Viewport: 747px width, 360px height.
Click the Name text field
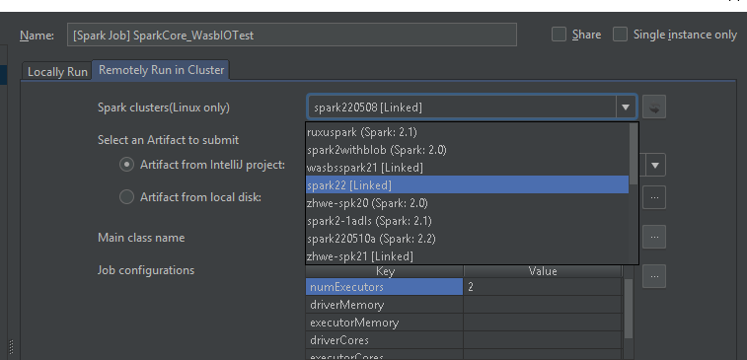click(x=291, y=35)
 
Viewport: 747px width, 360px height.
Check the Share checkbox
click(x=560, y=35)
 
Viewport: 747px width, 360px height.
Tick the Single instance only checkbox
click(x=621, y=35)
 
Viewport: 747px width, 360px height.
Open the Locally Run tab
click(x=57, y=71)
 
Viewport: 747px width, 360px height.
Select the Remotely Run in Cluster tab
click(x=162, y=70)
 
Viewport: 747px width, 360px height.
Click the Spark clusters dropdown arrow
click(x=624, y=107)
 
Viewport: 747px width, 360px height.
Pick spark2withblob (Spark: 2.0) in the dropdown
click(x=363, y=149)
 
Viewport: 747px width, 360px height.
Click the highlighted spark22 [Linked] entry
click(x=350, y=184)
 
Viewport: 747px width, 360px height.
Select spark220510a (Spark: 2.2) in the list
click(x=371, y=238)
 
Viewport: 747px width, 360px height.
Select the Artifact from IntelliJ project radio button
click(x=126, y=165)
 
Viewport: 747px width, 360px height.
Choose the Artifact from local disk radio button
click(x=126, y=197)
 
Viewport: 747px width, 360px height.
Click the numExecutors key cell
click(x=384, y=287)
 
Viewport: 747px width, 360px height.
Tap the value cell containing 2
click(x=542, y=287)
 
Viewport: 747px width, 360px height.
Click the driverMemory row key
click(x=384, y=305)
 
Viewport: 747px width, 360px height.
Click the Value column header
click(x=542, y=271)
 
